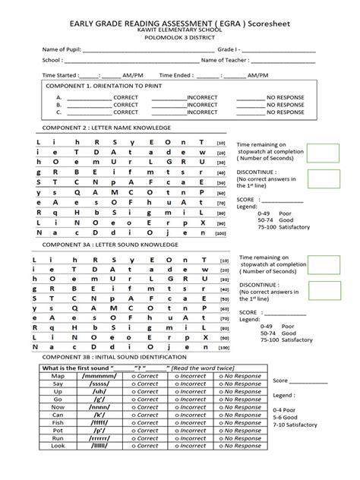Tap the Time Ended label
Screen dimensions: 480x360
[176, 76]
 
